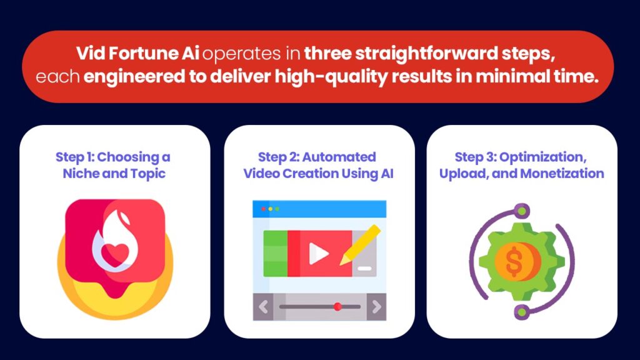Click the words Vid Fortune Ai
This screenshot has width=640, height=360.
pyautogui.click(x=137, y=54)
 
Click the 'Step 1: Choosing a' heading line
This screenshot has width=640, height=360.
pyautogui.click(x=113, y=157)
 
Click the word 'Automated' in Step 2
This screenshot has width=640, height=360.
pyautogui.click(x=339, y=157)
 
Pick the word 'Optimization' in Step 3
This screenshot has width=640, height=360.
pyautogui.click(x=543, y=157)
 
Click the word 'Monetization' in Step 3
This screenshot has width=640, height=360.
pyautogui.click(x=562, y=174)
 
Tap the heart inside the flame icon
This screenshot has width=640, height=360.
pyautogui.click(x=115, y=254)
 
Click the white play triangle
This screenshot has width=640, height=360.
pyautogui.click(x=318, y=254)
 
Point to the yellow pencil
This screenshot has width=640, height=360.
pyautogui.click(x=360, y=245)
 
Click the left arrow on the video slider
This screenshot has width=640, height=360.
pyautogui.click(x=263, y=306)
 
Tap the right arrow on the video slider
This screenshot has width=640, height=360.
pyautogui.click(x=376, y=306)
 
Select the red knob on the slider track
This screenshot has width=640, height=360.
pyautogui.click(x=337, y=306)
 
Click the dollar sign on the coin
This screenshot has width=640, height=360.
pyautogui.click(x=514, y=262)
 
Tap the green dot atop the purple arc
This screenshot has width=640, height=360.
pyautogui.click(x=521, y=211)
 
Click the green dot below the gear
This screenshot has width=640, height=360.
pyautogui.click(x=521, y=312)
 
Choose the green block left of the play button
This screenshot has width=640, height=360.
pyautogui.click(x=276, y=254)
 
